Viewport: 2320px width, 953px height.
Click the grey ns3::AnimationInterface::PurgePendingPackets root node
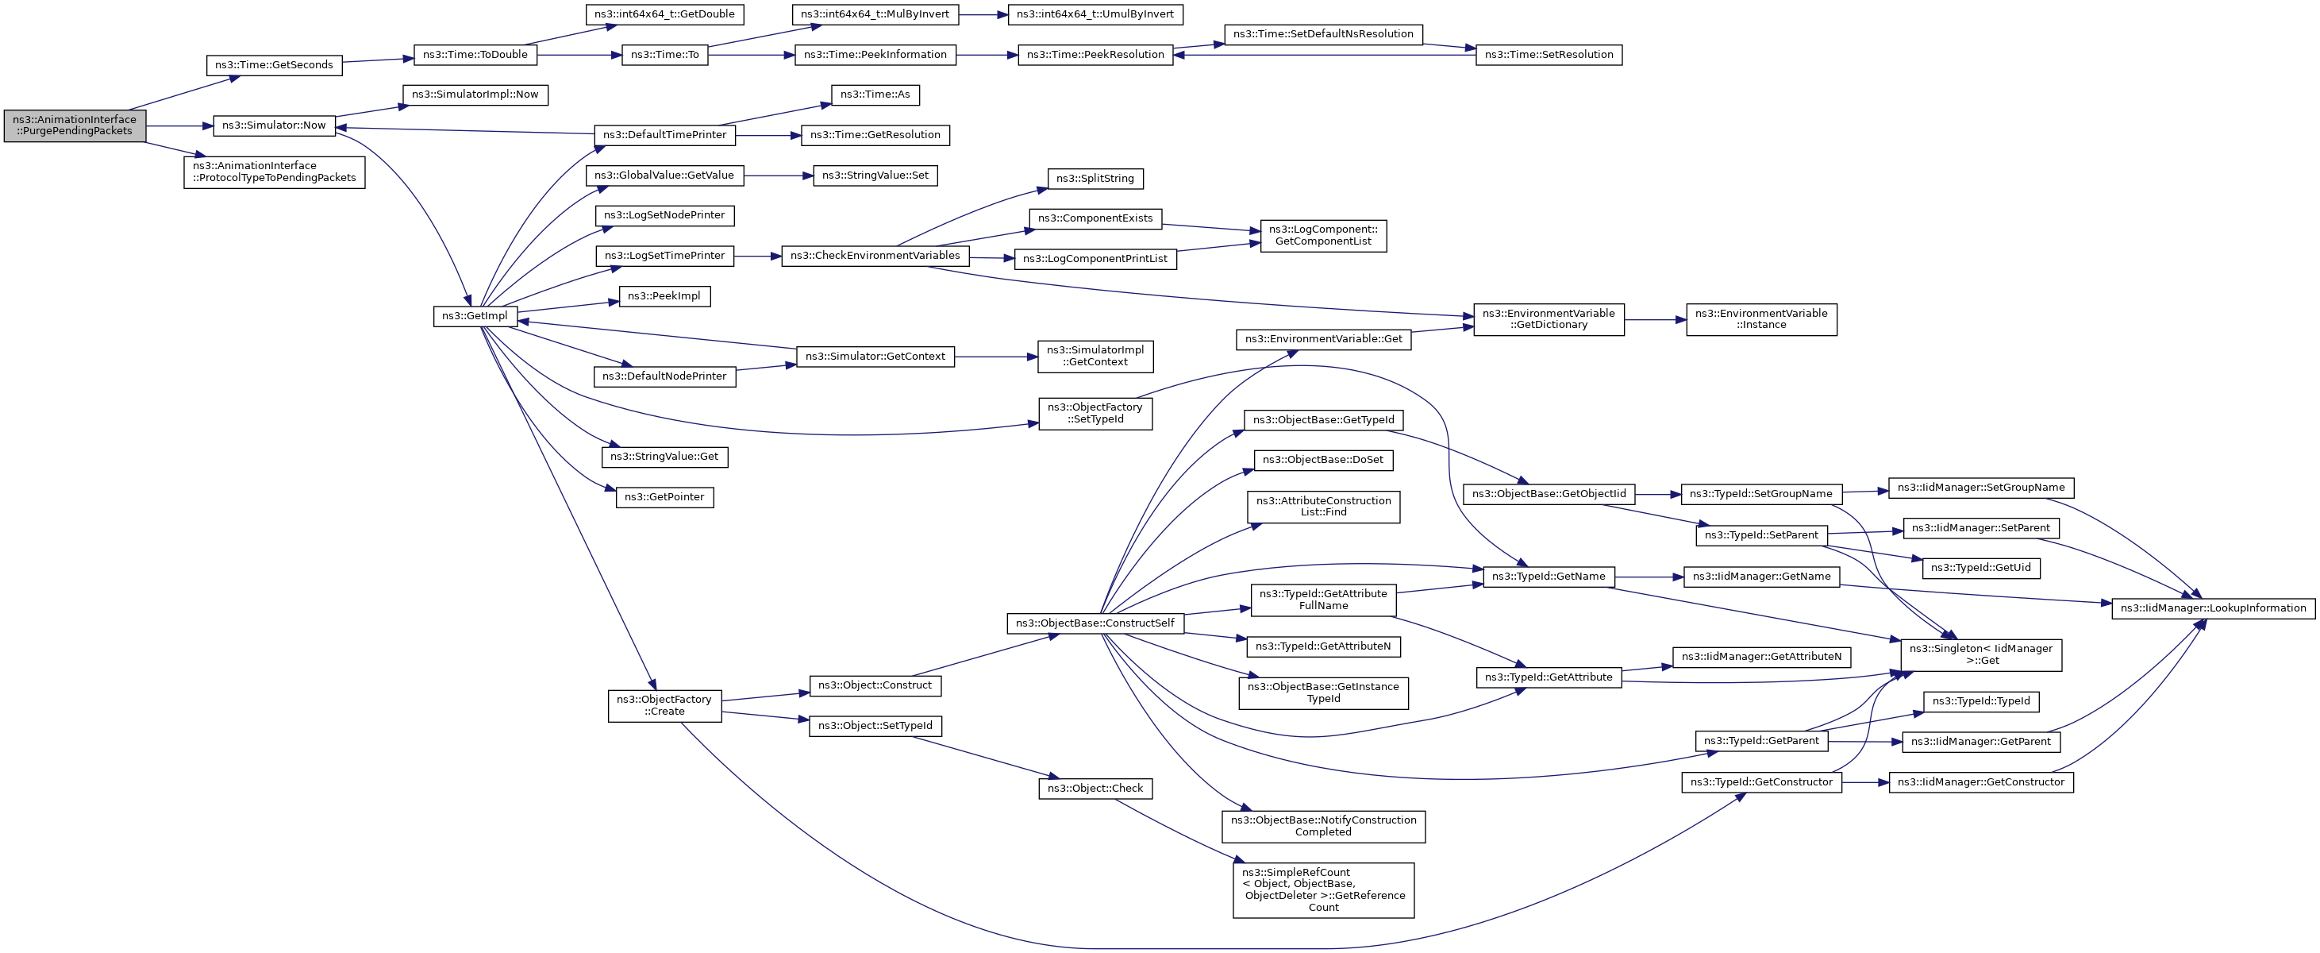tap(75, 126)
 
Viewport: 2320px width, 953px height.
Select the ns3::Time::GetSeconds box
tap(274, 66)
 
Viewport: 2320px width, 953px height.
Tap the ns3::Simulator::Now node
tap(274, 126)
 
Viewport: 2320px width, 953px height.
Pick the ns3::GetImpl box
tap(475, 317)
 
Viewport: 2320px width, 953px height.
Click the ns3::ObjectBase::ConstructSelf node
tap(1095, 623)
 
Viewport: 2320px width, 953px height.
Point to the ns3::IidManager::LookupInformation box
tap(2213, 609)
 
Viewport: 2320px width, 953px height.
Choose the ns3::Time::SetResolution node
tap(1549, 55)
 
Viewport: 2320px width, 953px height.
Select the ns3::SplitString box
tap(1095, 179)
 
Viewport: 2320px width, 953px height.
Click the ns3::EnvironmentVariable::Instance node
tap(1760, 320)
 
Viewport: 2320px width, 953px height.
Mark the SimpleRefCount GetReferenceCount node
tap(1323, 890)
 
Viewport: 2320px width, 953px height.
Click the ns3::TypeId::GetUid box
tap(1980, 569)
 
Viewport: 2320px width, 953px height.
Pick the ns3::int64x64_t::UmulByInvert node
tap(1095, 14)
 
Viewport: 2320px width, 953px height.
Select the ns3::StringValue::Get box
tap(664, 457)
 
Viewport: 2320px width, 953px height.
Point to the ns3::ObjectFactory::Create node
tap(664, 706)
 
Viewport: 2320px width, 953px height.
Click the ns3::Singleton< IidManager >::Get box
tap(1980, 655)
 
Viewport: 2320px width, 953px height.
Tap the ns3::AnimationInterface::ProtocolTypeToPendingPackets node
tap(274, 172)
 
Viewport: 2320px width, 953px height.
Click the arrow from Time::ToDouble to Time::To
tap(579, 55)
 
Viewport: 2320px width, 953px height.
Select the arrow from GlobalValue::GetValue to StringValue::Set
tap(778, 176)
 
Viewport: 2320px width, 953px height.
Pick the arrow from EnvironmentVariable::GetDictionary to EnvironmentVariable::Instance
tap(1656, 320)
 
